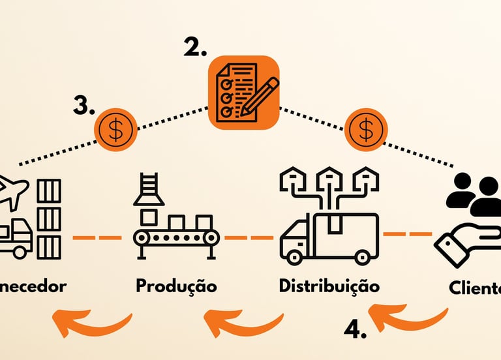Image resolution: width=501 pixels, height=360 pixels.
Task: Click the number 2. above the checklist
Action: click(195, 46)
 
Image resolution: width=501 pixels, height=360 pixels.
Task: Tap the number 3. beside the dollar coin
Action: click(85, 106)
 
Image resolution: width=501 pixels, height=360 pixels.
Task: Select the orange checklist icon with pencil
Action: click(244, 92)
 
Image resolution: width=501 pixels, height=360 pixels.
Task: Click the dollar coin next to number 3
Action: click(116, 129)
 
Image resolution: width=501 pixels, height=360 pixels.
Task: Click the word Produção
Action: click(176, 286)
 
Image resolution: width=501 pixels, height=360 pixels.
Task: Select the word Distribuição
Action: click(329, 286)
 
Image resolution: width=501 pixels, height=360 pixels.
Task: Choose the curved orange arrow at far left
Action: click(91, 322)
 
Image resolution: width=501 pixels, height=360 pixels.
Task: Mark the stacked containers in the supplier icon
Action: click(49, 218)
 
